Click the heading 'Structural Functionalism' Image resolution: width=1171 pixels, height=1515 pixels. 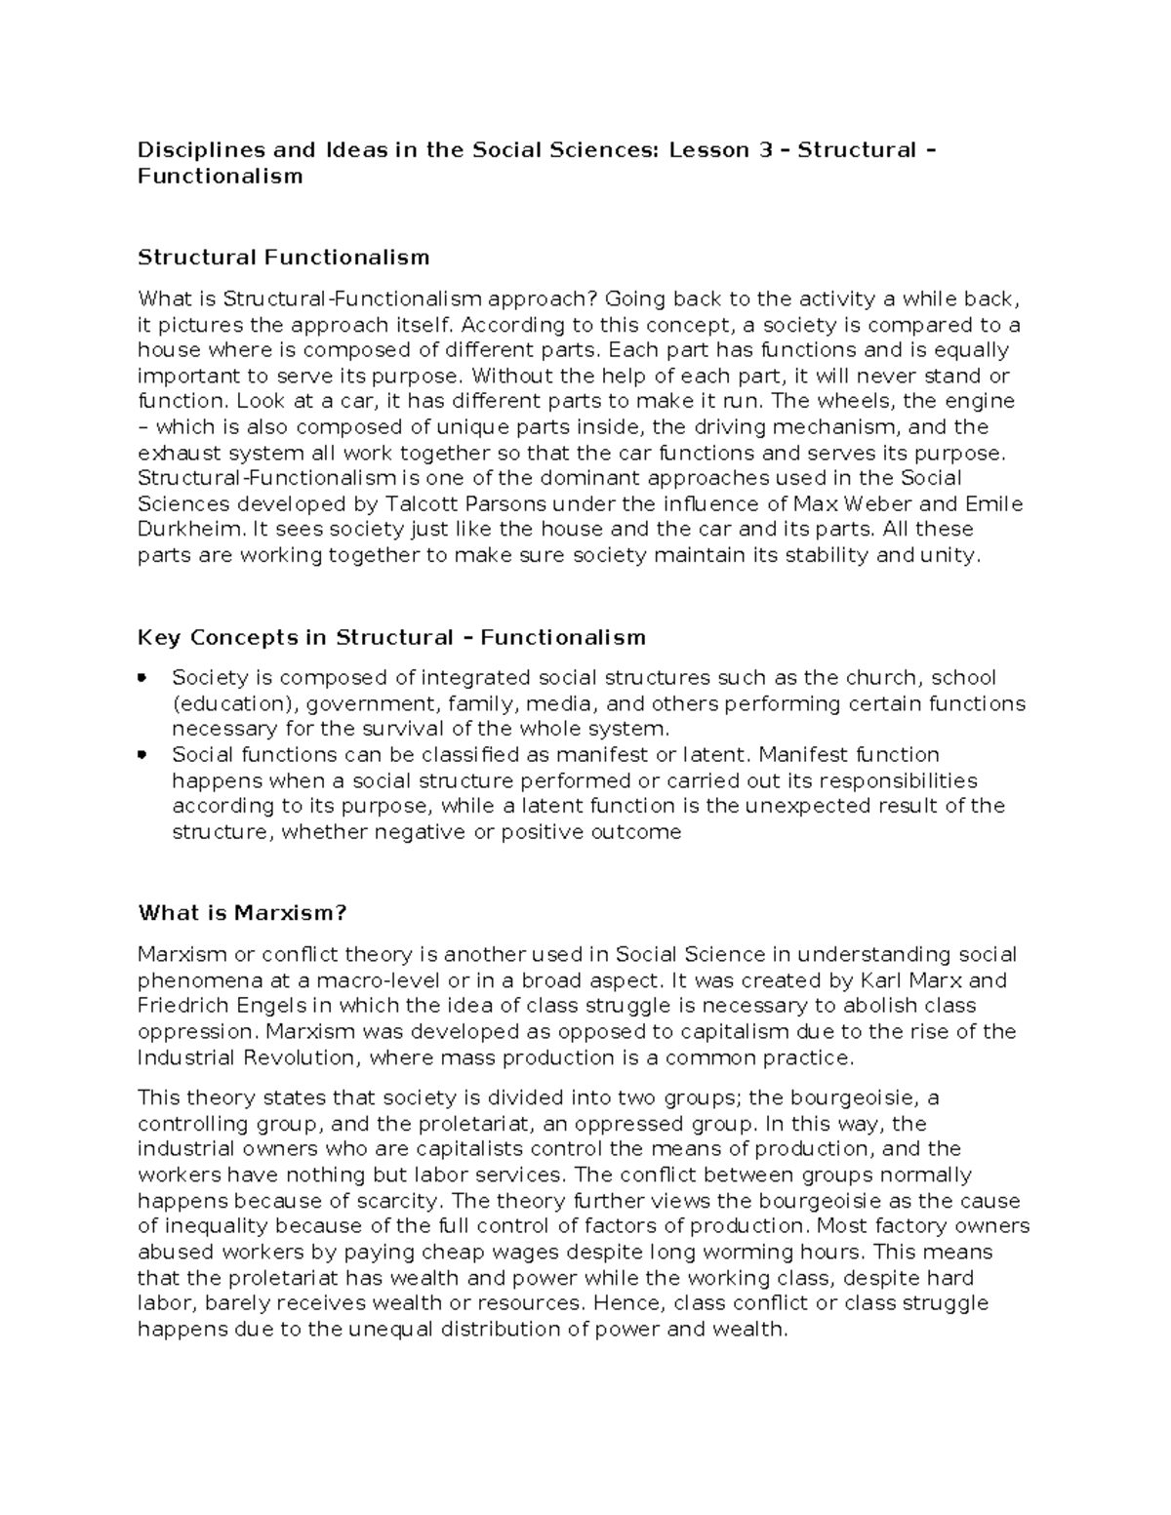pos(283,258)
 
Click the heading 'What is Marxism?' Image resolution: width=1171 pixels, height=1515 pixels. pos(242,913)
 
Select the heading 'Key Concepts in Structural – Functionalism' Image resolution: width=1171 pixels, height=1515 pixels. pos(391,638)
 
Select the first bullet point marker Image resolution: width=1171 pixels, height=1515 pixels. pos(143,677)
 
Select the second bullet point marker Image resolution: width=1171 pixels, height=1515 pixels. pos(143,754)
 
